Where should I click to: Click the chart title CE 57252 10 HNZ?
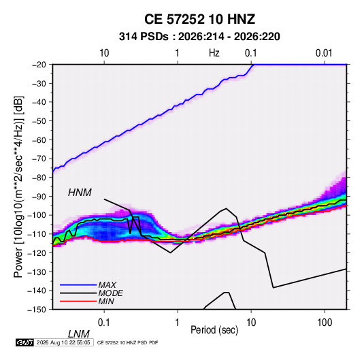point(199,19)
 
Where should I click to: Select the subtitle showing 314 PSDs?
point(199,37)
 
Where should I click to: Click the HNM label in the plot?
point(80,193)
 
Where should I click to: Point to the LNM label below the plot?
point(78,334)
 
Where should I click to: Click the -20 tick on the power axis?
point(39,65)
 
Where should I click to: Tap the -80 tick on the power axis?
point(39,178)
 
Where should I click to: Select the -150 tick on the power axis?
point(37,310)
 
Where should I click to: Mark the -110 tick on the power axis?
point(37,234)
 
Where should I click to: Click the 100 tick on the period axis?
point(325,323)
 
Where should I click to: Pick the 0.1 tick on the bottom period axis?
point(103,323)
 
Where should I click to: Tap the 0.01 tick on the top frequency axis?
point(324,53)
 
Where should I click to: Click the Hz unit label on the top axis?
point(214,53)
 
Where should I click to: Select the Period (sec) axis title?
point(214,330)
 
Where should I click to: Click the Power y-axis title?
point(18,187)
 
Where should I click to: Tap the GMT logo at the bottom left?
point(24,342)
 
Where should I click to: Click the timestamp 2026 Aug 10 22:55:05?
point(63,342)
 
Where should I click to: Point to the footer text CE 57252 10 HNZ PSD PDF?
point(127,342)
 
